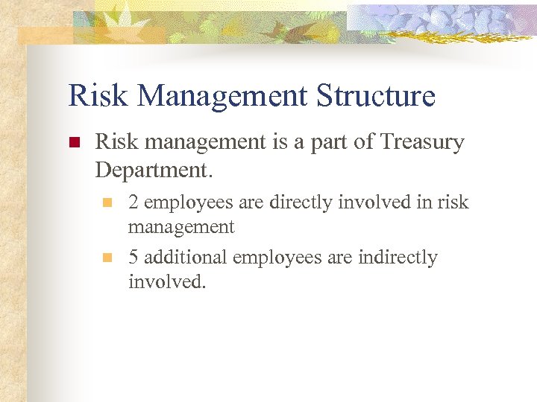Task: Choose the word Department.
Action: point(154,170)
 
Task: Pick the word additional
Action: point(186,258)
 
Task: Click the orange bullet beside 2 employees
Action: point(107,202)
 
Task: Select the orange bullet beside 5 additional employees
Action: point(107,258)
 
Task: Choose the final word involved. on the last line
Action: point(166,282)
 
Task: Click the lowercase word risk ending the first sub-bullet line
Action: point(453,202)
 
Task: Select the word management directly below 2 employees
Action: point(181,226)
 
